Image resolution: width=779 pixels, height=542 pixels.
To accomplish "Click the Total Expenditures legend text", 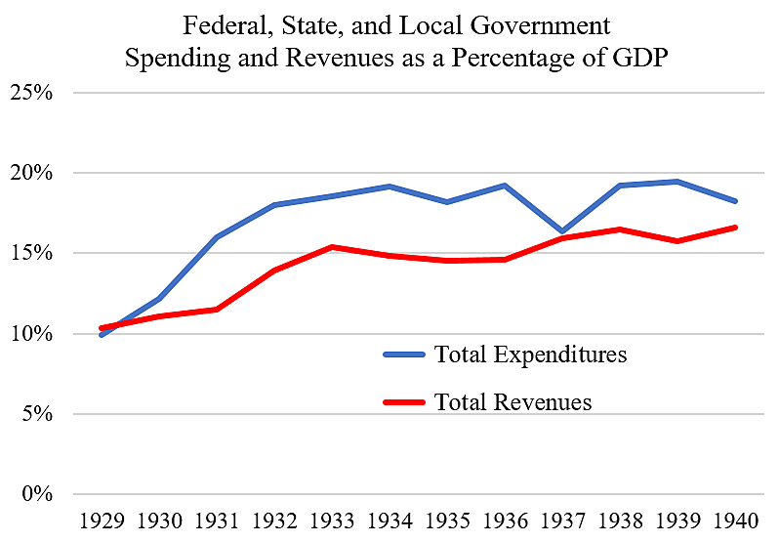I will tap(530, 354).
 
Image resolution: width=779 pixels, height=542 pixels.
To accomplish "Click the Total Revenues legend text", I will tap(512, 401).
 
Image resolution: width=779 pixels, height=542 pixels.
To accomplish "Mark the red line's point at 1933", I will tap(332, 247).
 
